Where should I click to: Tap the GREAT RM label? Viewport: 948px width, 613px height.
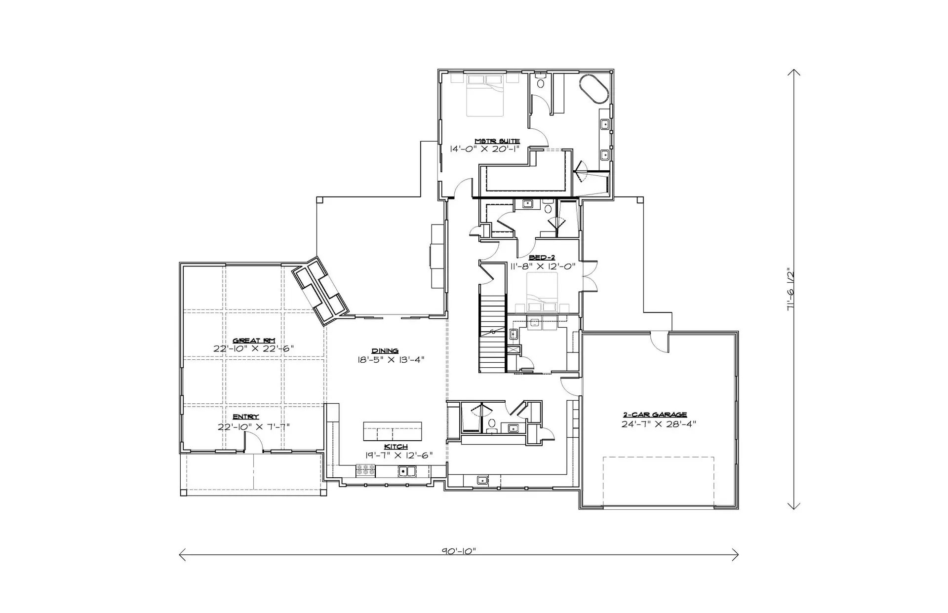click(254, 341)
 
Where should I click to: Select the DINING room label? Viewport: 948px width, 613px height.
click(386, 351)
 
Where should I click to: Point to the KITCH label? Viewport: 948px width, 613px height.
click(396, 447)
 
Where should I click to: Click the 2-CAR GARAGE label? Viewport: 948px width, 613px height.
click(655, 415)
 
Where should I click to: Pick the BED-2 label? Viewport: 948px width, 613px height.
click(542, 258)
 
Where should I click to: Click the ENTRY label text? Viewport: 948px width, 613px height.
click(246, 417)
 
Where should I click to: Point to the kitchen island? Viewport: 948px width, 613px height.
click(393, 431)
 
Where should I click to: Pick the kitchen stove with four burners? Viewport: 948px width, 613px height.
click(365, 471)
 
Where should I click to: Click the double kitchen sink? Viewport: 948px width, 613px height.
click(407, 471)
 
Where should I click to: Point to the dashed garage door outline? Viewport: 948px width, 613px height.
click(659, 481)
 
